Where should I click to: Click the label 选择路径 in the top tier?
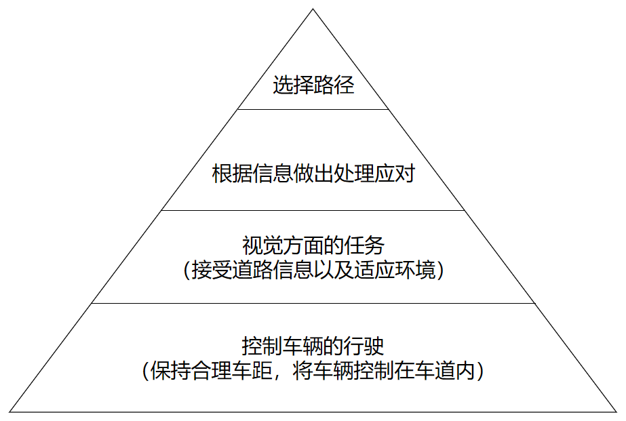(x=313, y=86)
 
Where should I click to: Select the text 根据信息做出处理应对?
(x=313, y=174)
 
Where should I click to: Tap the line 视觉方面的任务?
(x=313, y=245)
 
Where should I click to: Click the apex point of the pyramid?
(x=313, y=9)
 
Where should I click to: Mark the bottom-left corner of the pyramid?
(x=9, y=412)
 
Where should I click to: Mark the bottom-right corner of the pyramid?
(x=617, y=412)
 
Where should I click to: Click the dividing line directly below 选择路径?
(x=313, y=109)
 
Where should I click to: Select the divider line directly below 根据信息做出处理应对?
(x=313, y=210)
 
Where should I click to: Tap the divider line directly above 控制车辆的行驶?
(x=313, y=303)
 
